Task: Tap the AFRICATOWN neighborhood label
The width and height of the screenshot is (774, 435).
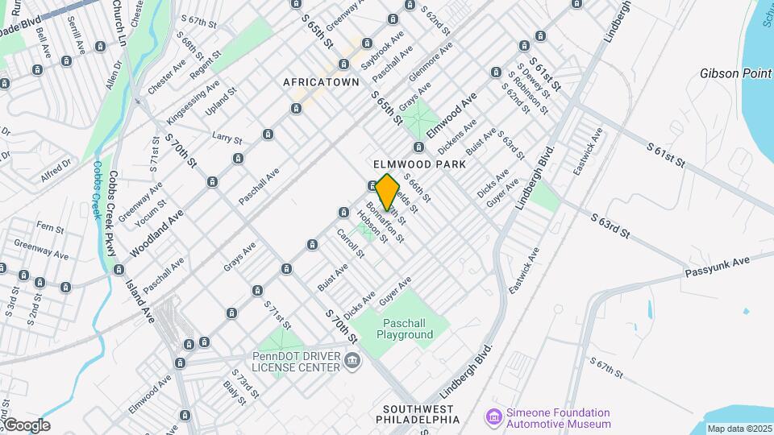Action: (314, 82)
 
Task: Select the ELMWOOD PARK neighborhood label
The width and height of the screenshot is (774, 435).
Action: (419, 164)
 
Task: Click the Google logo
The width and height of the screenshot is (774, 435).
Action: (26, 425)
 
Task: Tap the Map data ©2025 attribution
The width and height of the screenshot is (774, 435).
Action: (739, 429)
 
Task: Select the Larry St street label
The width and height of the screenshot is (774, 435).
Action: (227, 137)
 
